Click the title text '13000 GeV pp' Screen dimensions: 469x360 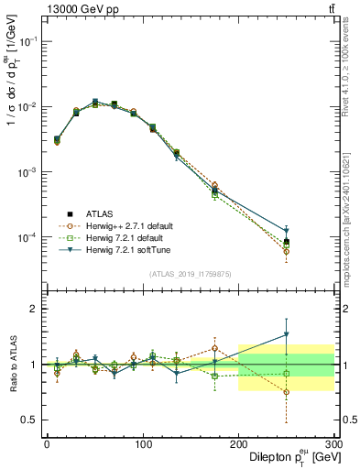pyautogui.click(x=73, y=9)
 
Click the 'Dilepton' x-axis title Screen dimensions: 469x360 pyautogui.click(x=269, y=456)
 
